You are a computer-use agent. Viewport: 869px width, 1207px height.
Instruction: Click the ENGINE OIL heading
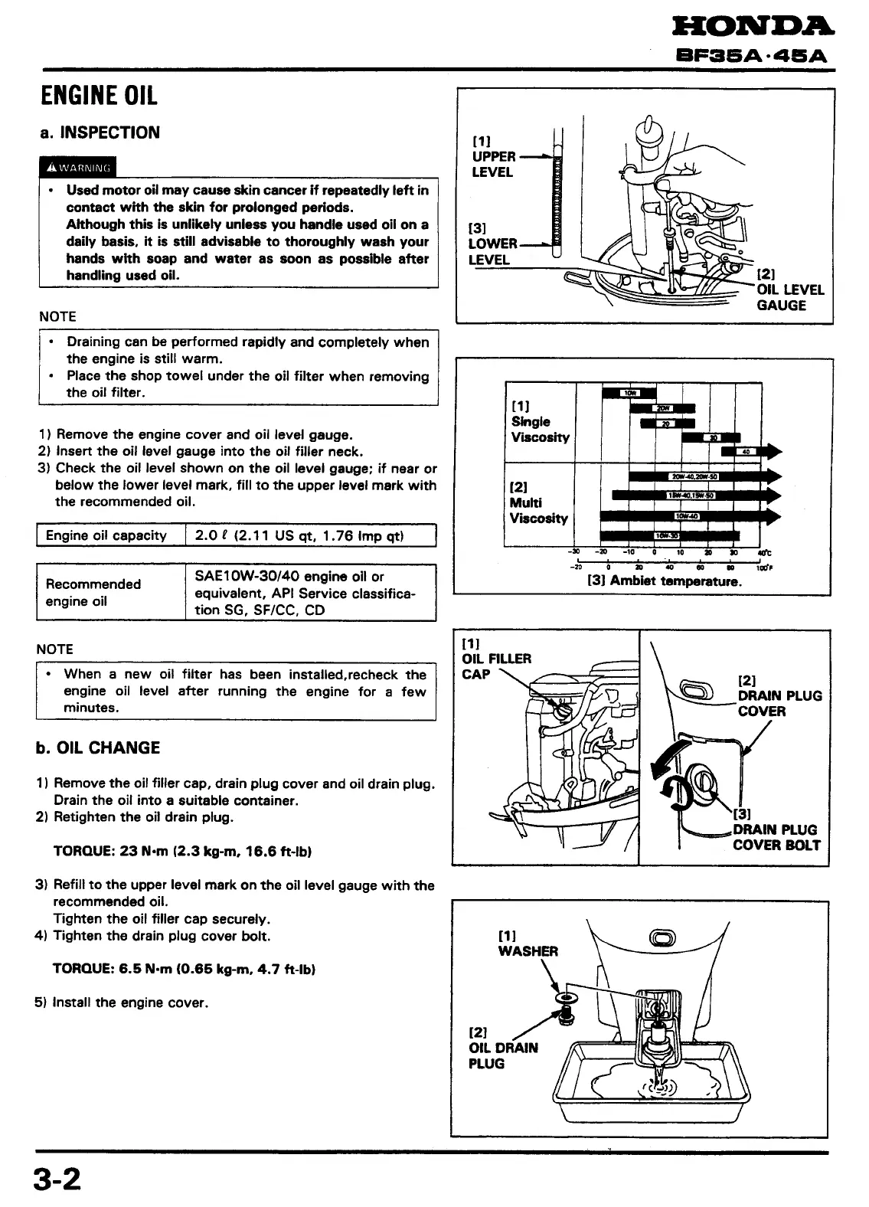click(x=99, y=96)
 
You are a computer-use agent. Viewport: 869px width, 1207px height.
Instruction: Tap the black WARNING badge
click(x=78, y=167)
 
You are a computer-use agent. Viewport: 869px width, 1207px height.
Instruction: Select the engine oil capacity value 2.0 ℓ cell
click(x=310, y=535)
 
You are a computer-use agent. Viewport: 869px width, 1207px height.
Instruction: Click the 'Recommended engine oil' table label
click(x=93, y=593)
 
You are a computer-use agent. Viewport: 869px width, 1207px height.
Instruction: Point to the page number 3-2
click(x=57, y=1179)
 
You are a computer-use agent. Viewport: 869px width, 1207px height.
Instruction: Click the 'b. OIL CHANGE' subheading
click(x=98, y=748)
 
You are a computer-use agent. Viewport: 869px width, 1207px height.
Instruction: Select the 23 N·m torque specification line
click(x=182, y=851)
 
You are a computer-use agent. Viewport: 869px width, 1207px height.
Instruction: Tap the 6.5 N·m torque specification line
click(x=184, y=969)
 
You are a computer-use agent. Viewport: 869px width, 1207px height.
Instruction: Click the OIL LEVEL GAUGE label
click(x=789, y=297)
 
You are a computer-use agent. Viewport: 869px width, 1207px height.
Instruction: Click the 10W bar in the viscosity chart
click(x=629, y=394)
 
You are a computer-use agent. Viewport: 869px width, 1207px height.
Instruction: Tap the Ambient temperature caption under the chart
click(x=664, y=581)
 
